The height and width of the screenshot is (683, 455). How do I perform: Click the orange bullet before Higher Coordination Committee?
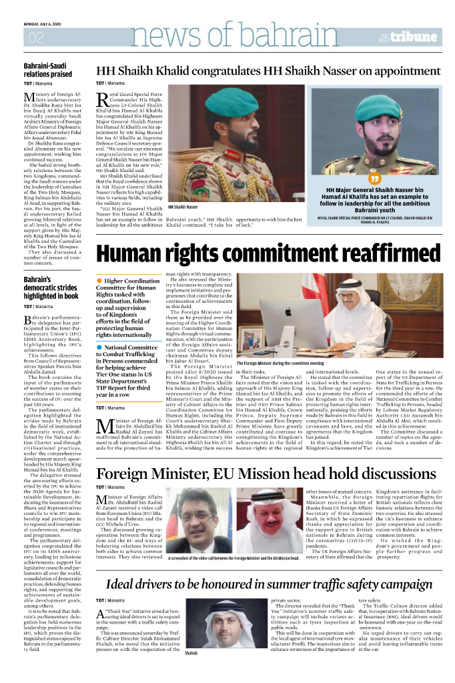tap(100, 281)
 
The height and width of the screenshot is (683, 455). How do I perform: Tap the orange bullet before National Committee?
tap(100, 348)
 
